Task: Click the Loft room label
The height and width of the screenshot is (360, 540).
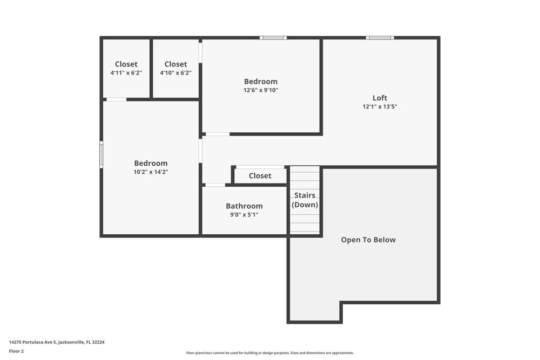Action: (x=380, y=98)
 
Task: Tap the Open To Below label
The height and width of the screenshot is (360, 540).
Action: (x=368, y=240)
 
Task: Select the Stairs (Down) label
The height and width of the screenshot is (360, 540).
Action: (x=305, y=200)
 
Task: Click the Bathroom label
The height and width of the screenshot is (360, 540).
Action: (x=244, y=206)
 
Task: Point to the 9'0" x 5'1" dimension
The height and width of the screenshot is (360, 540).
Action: (x=244, y=215)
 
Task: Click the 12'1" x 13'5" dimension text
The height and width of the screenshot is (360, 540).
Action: (x=380, y=107)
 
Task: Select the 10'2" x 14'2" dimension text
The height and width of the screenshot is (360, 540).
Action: (x=151, y=172)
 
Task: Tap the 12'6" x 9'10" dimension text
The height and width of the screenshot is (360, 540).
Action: (x=261, y=91)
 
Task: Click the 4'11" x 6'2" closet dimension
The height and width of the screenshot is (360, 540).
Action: (x=126, y=73)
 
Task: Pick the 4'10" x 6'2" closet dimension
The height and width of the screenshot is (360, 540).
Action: (x=175, y=73)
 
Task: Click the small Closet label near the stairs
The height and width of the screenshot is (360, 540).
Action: (x=260, y=175)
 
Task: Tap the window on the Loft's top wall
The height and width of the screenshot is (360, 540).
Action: (x=380, y=38)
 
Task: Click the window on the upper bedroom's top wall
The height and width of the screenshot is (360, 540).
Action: (x=273, y=38)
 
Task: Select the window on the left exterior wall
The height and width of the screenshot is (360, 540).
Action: (x=101, y=154)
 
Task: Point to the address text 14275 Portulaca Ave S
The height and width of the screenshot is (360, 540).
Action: (x=57, y=342)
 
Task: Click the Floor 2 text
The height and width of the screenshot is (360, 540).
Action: (x=17, y=351)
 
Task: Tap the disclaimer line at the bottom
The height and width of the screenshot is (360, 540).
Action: (x=270, y=353)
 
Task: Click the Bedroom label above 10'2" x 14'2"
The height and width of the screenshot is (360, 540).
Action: (x=151, y=163)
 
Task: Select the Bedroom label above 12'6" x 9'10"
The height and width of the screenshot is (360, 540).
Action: (x=261, y=81)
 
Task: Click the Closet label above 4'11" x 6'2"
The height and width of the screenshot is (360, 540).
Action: (x=126, y=64)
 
